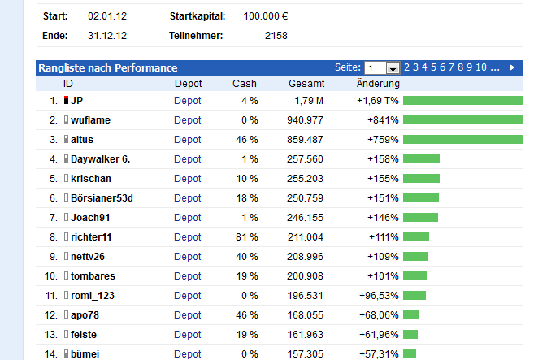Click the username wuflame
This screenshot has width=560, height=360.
[90, 120]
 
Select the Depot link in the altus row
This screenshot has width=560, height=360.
[187, 140]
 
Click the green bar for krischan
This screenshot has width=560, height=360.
[421, 179]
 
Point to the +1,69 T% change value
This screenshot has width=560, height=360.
[378, 101]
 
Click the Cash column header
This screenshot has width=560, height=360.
[244, 84]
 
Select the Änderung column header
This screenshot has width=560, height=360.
[378, 84]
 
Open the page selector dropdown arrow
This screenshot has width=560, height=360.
[393, 68]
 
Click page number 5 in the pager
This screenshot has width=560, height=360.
[434, 67]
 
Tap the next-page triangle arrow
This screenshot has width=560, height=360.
[512, 67]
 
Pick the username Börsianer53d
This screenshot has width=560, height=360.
[102, 198]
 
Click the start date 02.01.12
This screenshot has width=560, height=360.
[106, 16]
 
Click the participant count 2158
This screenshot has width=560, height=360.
[276, 35]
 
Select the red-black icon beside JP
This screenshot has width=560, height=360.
[66, 101]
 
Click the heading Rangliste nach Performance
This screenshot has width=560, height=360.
[107, 68]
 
